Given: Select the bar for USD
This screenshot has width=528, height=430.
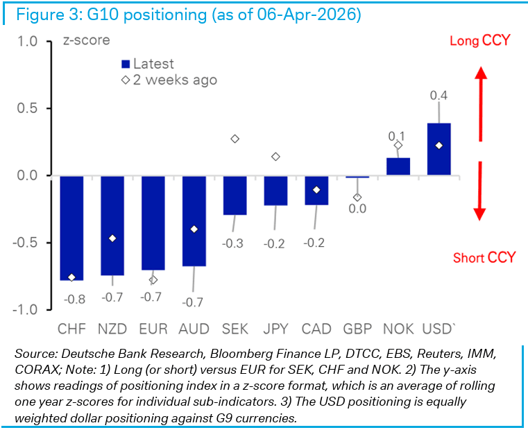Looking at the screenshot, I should (438, 149).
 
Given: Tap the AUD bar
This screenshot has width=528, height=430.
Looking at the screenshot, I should (194, 221).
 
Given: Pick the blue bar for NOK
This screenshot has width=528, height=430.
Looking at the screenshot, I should (398, 166).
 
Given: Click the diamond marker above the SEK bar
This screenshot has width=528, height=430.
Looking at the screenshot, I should (235, 139).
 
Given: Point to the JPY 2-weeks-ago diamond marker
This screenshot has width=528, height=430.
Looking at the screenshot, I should (275, 157).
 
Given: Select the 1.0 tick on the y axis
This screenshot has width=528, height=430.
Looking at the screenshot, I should (27, 42).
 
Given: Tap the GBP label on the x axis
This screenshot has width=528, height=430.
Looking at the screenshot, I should (357, 328).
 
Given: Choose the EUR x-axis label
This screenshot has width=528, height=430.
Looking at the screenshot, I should (154, 328).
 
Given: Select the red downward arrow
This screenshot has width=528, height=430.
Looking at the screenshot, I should (479, 191).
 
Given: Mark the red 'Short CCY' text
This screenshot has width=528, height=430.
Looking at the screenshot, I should (484, 258).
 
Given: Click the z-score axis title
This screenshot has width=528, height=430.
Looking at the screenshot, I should (86, 40).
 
